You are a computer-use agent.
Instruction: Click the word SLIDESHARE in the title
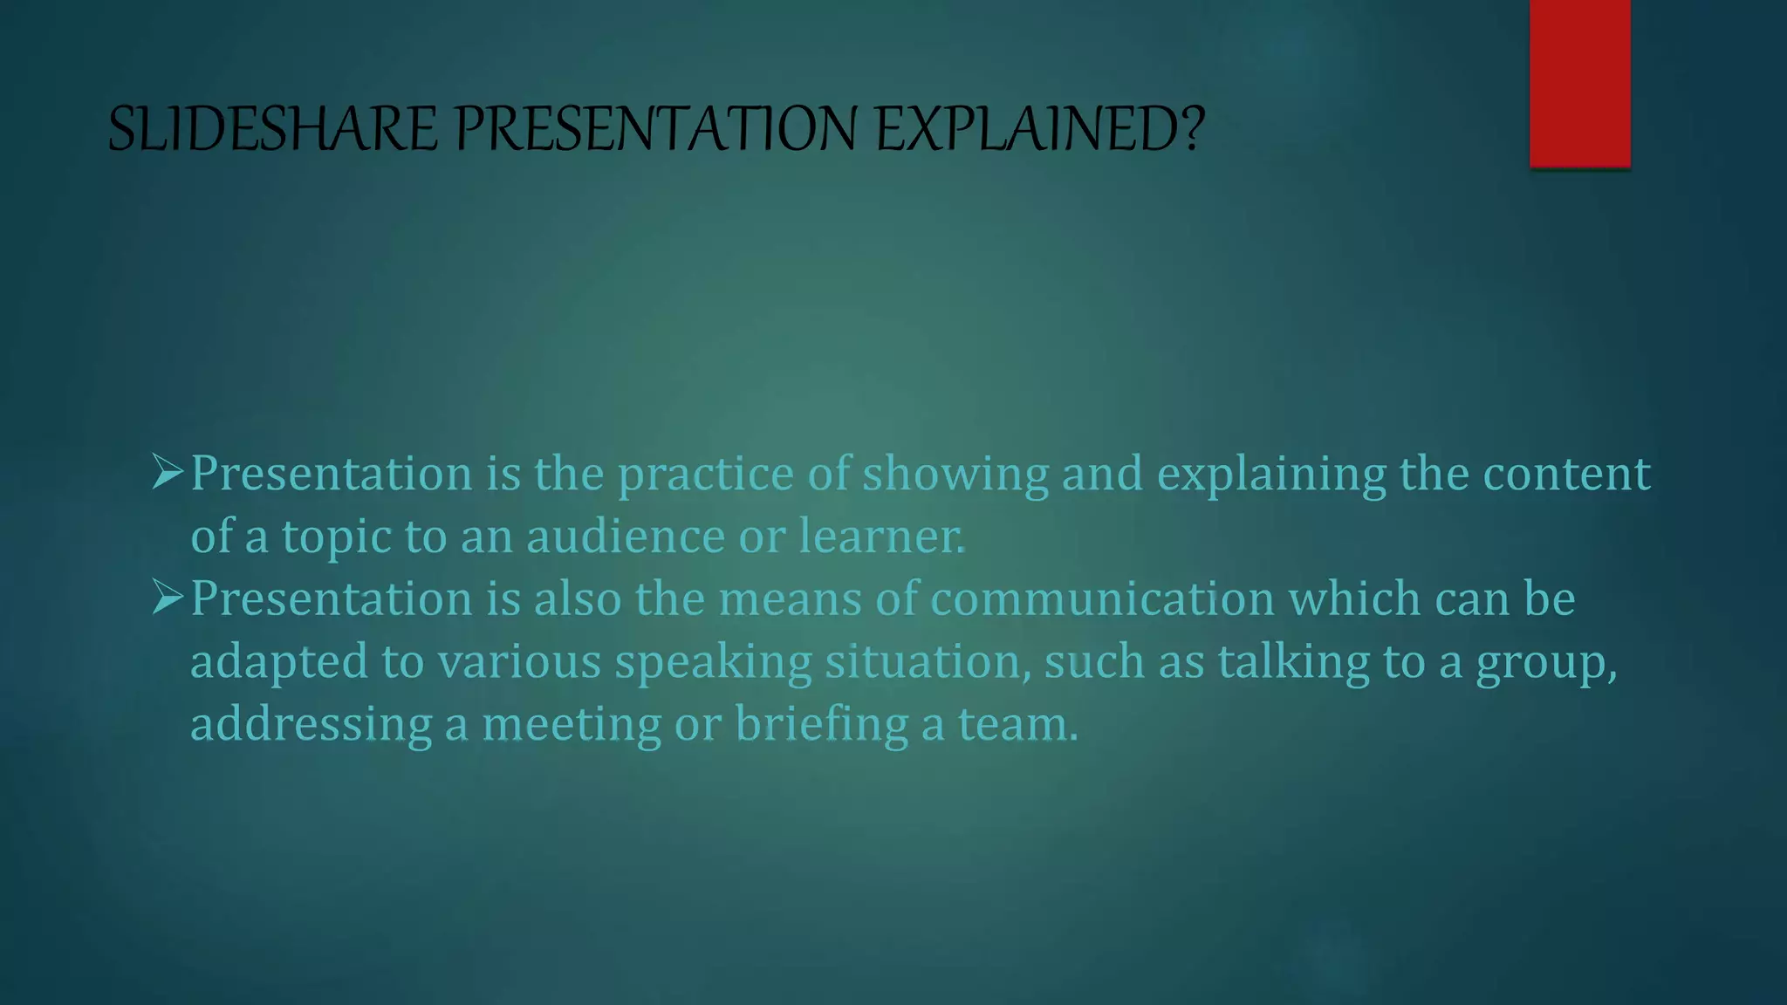(271, 129)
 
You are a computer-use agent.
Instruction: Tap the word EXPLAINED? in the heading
(1039, 129)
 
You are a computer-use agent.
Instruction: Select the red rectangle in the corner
(1579, 83)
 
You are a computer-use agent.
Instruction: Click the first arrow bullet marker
(167, 472)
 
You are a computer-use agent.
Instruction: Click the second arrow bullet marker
(167, 598)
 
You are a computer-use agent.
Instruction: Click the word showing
(955, 475)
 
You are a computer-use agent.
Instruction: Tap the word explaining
(1270, 475)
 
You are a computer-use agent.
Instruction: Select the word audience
(625, 536)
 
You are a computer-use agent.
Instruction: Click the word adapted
(279, 662)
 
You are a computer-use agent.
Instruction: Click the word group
(1544, 662)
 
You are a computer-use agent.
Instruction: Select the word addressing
(311, 724)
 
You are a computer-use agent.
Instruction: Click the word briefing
(821, 724)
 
